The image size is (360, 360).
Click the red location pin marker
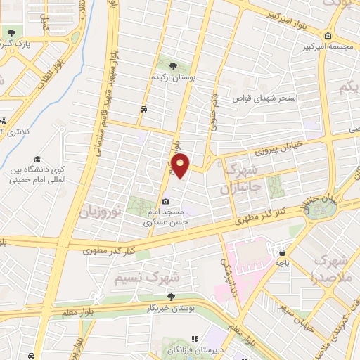[181, 165]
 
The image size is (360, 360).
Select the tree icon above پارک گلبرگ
[11, 32]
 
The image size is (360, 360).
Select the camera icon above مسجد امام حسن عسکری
[166, 202]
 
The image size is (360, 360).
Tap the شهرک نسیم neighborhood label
[147, 277]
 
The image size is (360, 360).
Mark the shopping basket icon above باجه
[282, 252]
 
